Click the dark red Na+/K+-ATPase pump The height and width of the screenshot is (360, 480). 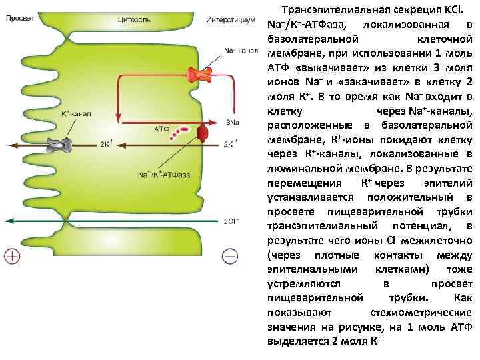203,134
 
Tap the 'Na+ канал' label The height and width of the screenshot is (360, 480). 239,51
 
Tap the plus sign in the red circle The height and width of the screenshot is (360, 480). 12,255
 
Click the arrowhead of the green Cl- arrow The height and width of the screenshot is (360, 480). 8,221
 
